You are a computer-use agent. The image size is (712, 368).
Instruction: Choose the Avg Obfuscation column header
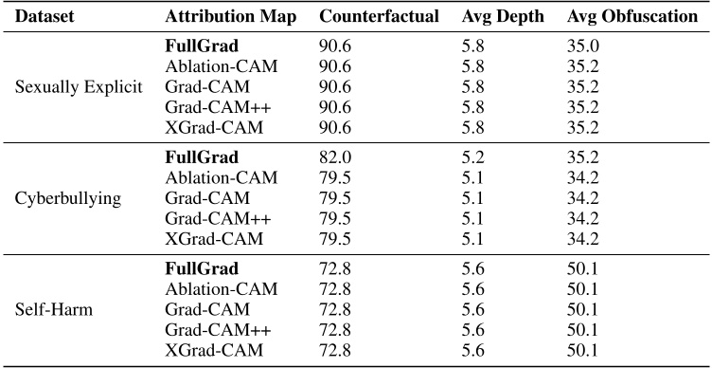point(627,18)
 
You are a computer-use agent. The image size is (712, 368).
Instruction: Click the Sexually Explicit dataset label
point(80,86)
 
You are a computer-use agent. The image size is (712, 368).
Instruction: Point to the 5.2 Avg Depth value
point(472,157)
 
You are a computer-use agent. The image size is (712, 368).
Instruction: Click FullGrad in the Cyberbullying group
point(199,157)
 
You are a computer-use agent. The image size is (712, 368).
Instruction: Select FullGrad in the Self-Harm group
point(199,269)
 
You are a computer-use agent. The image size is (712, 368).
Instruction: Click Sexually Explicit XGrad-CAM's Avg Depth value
point(472,127)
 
